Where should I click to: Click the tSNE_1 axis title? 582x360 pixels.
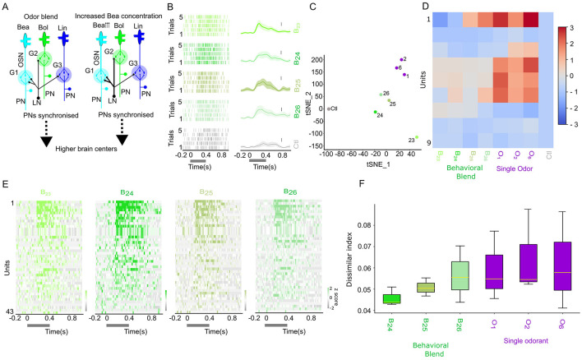[x=366, y=164]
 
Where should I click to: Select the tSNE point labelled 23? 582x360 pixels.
[x=417, y=138]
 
